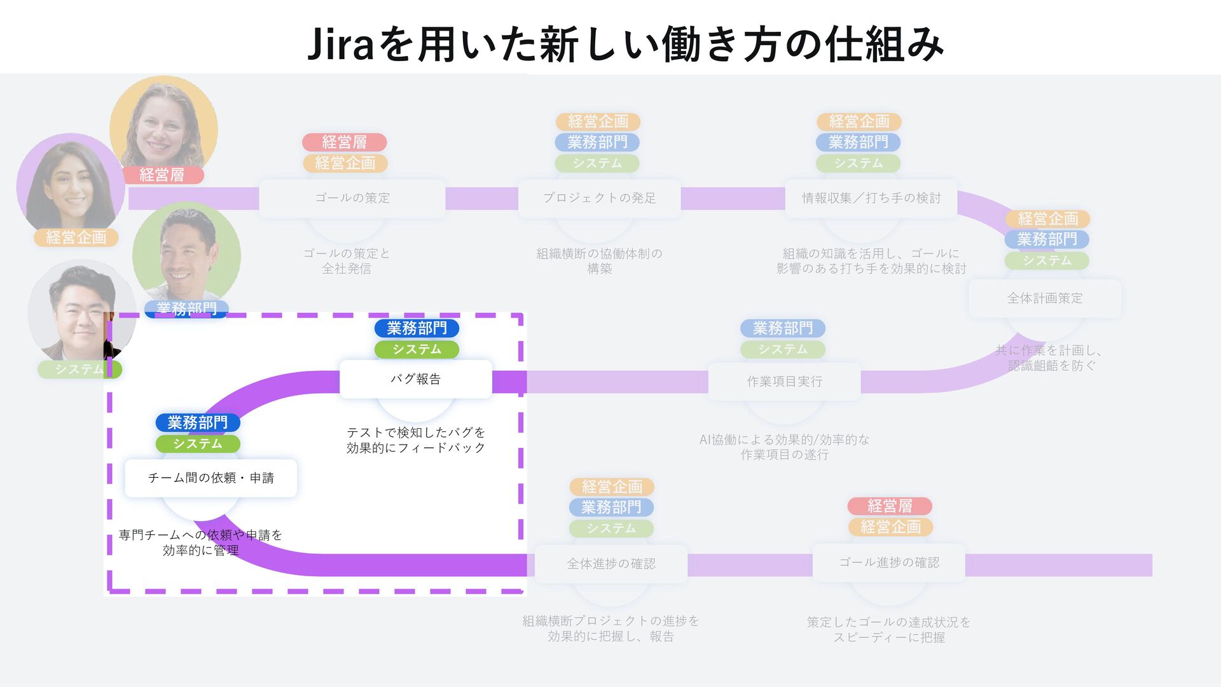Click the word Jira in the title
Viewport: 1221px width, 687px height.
pos(340,45)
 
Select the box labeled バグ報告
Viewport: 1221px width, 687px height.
pos(415,379)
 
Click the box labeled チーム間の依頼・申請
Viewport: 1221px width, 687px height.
pos(210,478)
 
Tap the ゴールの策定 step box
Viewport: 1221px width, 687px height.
pos(352,198)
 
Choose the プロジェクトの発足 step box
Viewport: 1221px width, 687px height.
pos(599,198)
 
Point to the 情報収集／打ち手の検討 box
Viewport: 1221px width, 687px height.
pos(871,198)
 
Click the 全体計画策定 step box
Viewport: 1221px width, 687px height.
pos(1044,298)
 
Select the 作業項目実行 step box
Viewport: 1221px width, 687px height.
pos(784,381)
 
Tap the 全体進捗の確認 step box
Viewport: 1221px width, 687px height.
pos(610,564)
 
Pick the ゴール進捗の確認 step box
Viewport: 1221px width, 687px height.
pos(888,562)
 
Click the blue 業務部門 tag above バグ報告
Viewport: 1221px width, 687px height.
pos(417,328)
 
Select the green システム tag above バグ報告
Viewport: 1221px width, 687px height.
pos(417,349)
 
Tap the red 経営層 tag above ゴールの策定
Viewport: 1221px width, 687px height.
pos(344,142)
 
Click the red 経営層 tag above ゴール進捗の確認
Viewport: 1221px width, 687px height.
pos(889,506)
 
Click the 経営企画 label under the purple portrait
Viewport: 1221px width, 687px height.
pos(76,237)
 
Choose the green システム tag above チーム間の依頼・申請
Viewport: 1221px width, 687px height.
pos(198,443)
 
